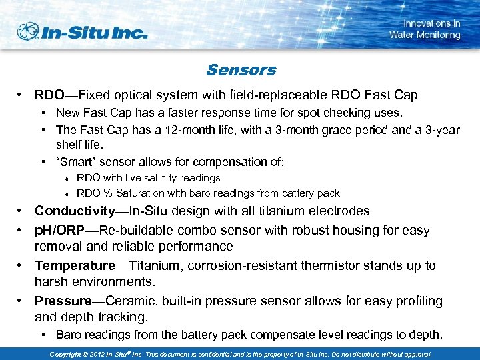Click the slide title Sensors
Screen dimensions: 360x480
[241, 70]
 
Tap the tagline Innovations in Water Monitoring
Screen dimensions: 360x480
[425, 29]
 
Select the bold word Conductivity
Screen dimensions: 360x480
[75, 211]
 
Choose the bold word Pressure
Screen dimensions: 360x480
[63, 301]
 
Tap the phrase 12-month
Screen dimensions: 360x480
[181, 130]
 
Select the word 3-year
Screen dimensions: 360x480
[442, 130]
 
